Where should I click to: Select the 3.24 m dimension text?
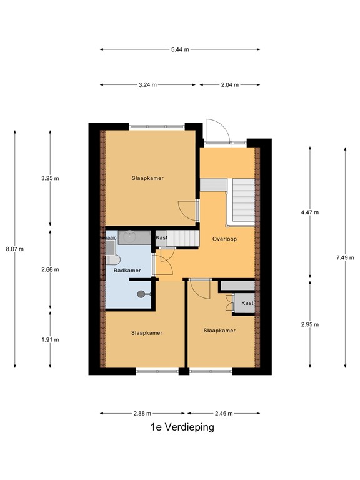pos(147,84)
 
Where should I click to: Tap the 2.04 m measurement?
pos(229,84)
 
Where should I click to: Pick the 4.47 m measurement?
pos(310,212)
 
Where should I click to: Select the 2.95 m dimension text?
pos(310,324)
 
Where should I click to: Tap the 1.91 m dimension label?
pos(50,339)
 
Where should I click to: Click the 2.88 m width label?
pos(142,413)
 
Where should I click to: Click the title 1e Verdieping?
pos(182,427)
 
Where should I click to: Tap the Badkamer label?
pos(127,270)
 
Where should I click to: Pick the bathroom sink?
pos(130,236)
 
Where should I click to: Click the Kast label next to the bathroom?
pos(161,237)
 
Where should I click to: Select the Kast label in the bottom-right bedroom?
pos(247,303)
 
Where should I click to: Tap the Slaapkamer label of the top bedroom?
pos(147,177)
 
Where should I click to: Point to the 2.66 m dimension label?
pos(50,270)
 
